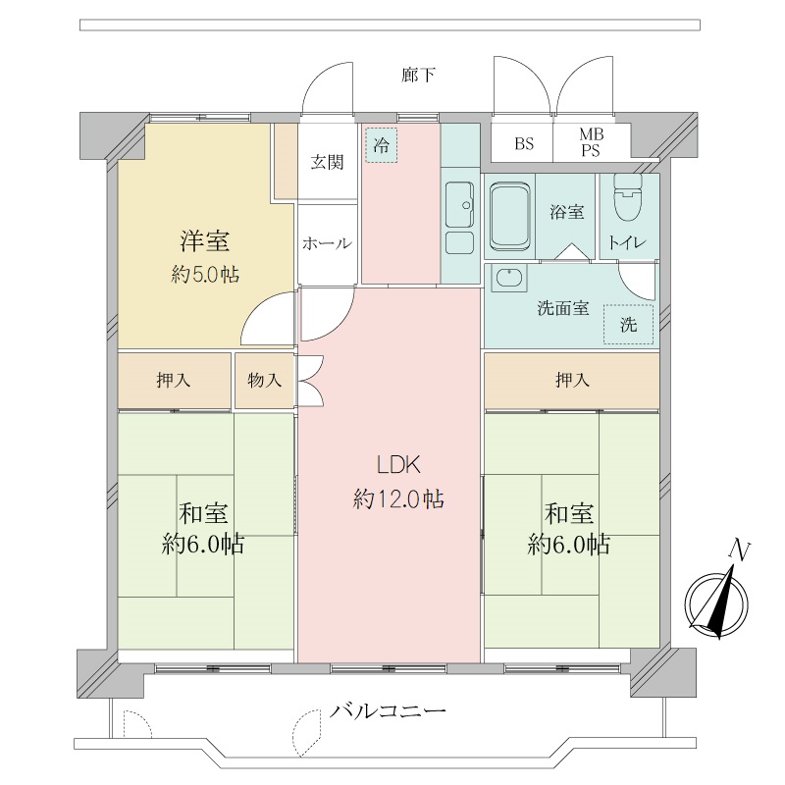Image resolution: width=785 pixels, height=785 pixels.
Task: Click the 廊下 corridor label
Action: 418,76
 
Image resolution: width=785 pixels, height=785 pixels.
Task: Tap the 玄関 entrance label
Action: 327,162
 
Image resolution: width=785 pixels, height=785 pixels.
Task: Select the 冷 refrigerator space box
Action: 382,145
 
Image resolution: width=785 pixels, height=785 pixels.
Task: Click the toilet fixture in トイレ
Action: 628,197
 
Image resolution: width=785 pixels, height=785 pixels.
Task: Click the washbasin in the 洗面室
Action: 509,279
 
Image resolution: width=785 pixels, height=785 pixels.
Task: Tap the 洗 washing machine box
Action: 628,325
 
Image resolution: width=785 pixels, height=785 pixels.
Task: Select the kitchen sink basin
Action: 459,204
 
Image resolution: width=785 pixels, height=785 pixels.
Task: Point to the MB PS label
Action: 592,142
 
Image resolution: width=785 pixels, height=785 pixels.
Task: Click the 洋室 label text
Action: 205,240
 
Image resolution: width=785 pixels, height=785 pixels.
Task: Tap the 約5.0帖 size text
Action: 205,275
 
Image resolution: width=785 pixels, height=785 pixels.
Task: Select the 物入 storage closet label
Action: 264,381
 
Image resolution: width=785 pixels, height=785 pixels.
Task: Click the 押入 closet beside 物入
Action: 175,381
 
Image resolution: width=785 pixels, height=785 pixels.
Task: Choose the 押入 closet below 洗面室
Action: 572,381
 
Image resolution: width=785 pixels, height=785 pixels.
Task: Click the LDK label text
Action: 398,465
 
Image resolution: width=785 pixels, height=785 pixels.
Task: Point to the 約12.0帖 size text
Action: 398,499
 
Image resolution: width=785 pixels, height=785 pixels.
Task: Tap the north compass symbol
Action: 717,597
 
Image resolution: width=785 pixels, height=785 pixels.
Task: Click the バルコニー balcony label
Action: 388,710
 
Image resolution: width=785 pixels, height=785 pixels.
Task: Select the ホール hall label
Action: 327,243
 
